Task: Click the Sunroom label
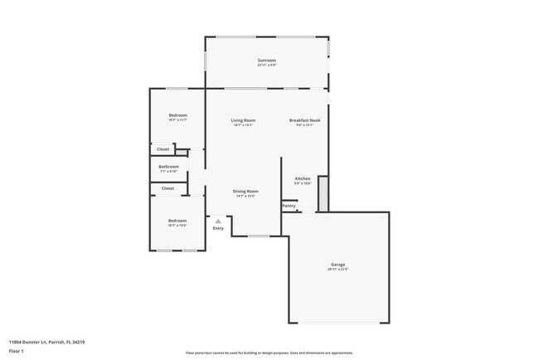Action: click(266, 60)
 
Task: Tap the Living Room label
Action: click(243, 120)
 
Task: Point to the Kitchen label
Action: click(303, 179)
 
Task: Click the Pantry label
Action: click(289, 206)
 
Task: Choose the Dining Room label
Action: click(245, 192)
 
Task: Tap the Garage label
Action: click(337, 265)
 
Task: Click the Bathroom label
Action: click(169, 166)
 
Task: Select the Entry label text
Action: click(218, 228)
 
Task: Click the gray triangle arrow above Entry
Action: click(218, 221)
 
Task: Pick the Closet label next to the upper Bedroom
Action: click(163, 149)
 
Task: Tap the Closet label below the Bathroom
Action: click(168, 188)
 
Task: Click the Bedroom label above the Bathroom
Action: click(177, 115)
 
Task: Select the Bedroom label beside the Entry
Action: click(177, 221)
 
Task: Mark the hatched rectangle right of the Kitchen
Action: click(323, 192)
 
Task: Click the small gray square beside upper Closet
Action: click(181, 153)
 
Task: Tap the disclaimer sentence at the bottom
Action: click(269, 353)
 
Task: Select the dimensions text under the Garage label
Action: click(337, 270)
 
